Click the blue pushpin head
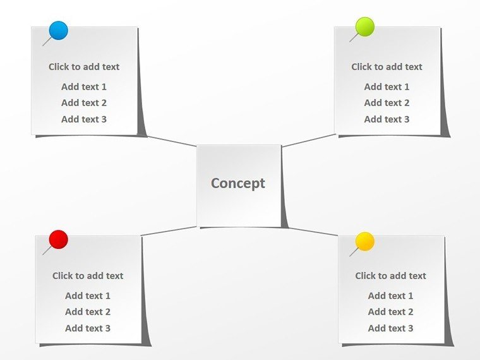pos(59,30)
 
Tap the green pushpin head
pos(365,27)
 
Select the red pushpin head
pos(59,239)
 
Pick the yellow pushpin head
pos(365,241)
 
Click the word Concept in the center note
pos(238,184)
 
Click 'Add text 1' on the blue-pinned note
pos(84,87)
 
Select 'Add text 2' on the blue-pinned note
pos(84,103)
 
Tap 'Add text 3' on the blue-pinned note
pos(84,119)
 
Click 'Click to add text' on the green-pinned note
pos(387,67)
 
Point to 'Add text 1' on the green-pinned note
pos(387,87)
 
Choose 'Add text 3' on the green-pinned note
pos(387,119)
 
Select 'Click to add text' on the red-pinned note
pos(88,276)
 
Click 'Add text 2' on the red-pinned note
pos(88,312)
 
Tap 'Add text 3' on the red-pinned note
pos(88,328)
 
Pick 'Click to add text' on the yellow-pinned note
pos(390,276)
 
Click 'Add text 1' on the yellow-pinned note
pos(390,296)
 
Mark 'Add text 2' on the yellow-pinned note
pos(390,312)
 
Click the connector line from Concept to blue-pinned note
pos(172,141)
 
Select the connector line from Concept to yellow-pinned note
pos(313,232)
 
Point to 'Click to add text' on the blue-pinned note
pos(84,67)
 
